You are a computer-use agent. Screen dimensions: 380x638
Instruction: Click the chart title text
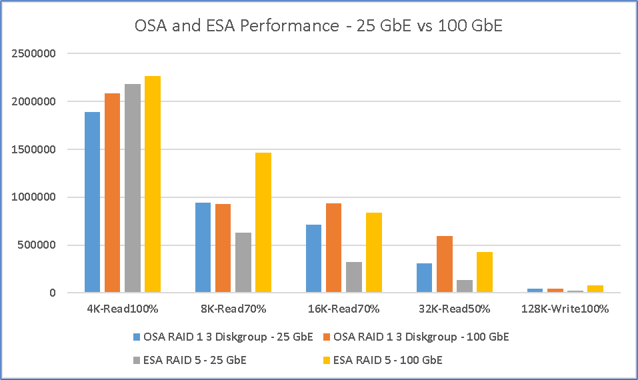(319, 26)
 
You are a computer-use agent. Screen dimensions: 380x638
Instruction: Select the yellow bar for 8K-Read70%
(263, 222)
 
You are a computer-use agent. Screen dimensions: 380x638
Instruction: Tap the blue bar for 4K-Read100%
(92, 202)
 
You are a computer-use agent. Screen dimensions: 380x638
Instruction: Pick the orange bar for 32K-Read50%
(445, 264)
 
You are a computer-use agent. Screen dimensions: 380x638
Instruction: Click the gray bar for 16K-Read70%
(353, 277)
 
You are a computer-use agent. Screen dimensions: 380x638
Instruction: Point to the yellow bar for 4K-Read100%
(152, 184)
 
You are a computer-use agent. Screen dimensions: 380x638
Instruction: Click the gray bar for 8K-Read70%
(243, 262)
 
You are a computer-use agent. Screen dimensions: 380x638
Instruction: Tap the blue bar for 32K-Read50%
(424, 277)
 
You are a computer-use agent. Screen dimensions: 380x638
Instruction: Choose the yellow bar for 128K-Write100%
(595, 289)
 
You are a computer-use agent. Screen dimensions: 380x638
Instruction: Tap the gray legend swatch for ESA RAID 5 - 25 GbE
(135, 360)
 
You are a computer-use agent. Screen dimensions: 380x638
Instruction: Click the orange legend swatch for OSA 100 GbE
(327, 337)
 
